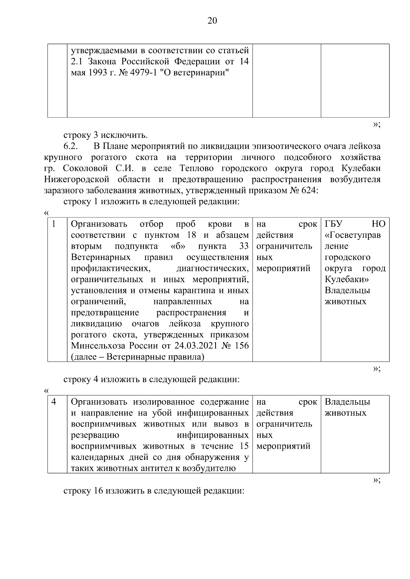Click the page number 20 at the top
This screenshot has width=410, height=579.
point(212,21)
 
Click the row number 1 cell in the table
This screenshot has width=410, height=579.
point(54,224)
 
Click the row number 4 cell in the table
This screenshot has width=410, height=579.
point(54,402)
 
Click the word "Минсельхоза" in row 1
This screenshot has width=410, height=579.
point(98,346)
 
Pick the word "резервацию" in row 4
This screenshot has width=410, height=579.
point(95,435)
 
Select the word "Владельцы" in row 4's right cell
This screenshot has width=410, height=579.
point(347,402)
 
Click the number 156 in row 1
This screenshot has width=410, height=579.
point(242,346)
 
